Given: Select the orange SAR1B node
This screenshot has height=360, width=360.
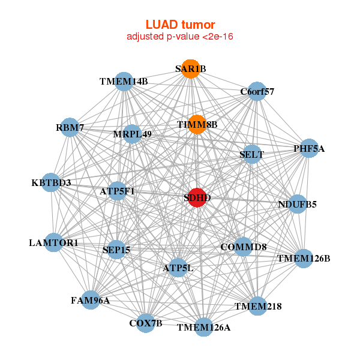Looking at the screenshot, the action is pos(190,68).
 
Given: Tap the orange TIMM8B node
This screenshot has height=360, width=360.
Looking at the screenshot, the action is pos(197,124).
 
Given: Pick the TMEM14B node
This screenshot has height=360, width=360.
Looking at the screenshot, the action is pos(124,82).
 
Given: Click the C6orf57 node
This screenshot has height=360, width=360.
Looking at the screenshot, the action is pos(257,92).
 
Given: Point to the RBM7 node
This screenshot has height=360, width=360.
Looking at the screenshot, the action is pos(70,127).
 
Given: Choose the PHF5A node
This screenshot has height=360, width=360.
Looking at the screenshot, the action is pos(308,148).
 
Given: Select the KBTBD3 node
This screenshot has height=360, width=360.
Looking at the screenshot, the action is pos(51,182).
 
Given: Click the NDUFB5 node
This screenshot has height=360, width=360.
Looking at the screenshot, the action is pos(297,204).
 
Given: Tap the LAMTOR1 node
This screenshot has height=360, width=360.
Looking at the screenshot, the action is pos(53,243).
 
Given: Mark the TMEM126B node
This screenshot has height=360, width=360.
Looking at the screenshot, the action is pos(303,259).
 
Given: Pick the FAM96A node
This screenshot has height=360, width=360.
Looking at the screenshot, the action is pos(90,300).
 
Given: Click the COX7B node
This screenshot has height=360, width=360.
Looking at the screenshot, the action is pos(146,323).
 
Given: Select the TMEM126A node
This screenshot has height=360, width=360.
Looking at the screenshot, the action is pos(203,327).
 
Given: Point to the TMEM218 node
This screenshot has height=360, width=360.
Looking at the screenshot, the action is pos(258,306).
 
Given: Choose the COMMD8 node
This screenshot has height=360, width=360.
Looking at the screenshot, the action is pos(243,247).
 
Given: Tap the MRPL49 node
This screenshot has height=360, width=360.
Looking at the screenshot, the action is pos(133,134).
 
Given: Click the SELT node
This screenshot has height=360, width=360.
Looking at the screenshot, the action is pos(251,154).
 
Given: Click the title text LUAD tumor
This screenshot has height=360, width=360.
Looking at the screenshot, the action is pos(180,25).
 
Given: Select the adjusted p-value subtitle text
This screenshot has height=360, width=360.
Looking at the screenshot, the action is pos(180,37).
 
